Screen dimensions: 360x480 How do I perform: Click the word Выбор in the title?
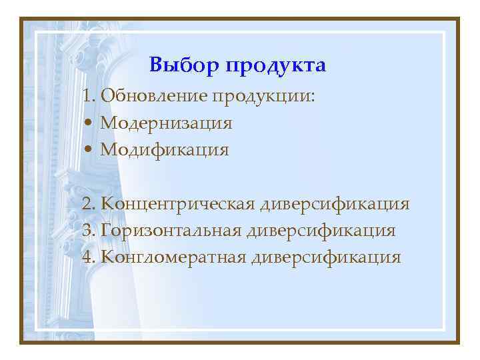pyautogui.click(x=185, y=66)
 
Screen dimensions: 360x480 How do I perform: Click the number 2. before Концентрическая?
pyautogui.click(x=91, y=203)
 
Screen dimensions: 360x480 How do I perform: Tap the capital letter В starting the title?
pyautogui.click(x=155, y=66)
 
